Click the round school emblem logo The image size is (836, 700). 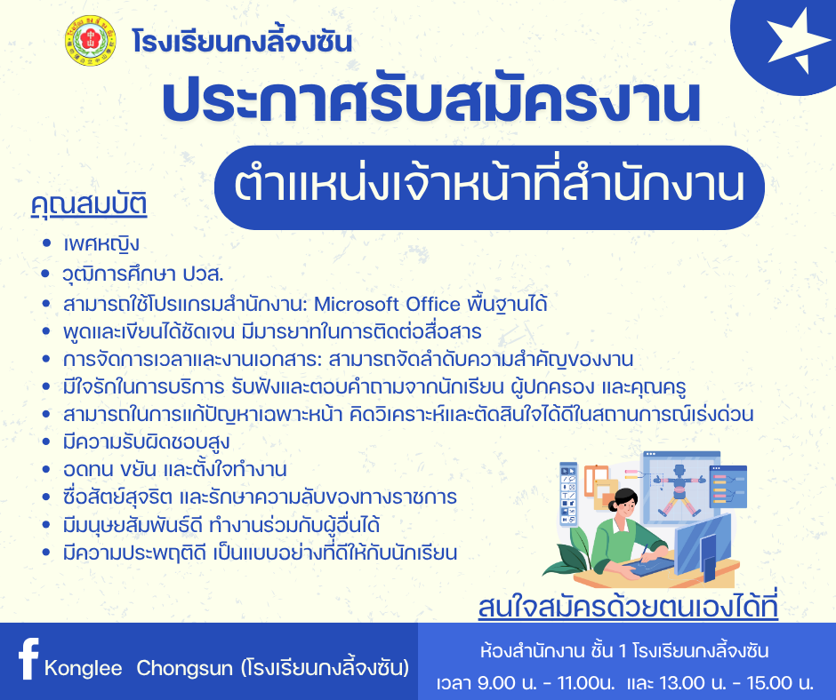pos(91,41)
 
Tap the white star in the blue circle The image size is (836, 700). pos(790,41)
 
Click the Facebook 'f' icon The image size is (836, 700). pos(28,658)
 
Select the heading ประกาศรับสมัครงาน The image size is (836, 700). pos(431,101)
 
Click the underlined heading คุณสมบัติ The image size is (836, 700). pos(89,205)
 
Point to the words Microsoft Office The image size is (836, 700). pos(387,304)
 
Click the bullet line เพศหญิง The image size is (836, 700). pos(101,244)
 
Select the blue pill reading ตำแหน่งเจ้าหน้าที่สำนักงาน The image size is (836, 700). pos(489,187)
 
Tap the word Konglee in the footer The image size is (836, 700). pos(84,668)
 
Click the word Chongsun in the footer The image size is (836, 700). pos(184,668)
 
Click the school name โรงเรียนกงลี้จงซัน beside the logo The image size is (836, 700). pos(243,41)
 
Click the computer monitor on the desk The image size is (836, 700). pos(704,546)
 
